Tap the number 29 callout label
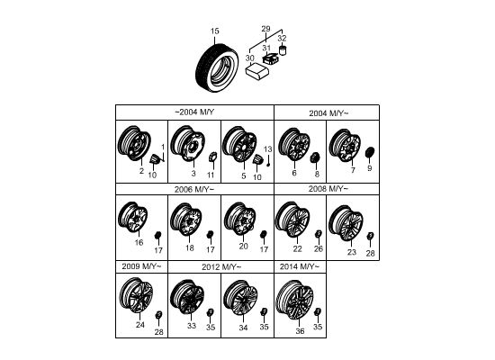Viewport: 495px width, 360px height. pyautogui.click(x=265, y=29)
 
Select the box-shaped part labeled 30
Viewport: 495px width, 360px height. pyautogui.click(x=257, y=71)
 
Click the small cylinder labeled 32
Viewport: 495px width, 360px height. pyautogui.click(x=283, y=50)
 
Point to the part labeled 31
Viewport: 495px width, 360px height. pyautogui.click(x=271, y=59)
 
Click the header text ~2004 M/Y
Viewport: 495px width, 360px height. pyautogui.click(x=194, y=112)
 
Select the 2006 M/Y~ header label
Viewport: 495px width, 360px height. pyautogui.click(x=194, y=190)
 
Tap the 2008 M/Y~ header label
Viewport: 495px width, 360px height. pyautogui.click(x=328, y=189)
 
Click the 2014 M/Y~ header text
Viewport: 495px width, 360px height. pyautogui.click(x=300, y=266)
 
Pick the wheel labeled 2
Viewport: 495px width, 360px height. pyautogui.click(x=134, y=143)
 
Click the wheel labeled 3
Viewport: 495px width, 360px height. pyautogui.click(x=187, y=143)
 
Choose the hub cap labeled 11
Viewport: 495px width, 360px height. pyautogui.click(x=212, y=157)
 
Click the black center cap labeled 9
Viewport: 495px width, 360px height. pyautogui.click(x=370, y=152)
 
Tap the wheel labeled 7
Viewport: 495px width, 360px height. pyautogui.click(x=345, y=145)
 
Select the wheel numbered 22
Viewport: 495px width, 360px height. pyautogui.click(x=292, y=220)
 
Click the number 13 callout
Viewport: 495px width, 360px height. pyautogui.click(x=267, y=149)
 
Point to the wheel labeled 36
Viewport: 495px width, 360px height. pyautogui.click(x=294, y=301)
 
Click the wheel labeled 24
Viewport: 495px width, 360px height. pyautogui.click(x=136, y=295)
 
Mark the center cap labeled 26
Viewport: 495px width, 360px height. pyautogui.click(x=319, y=234)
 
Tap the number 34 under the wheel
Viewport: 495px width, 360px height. pyautogui.click(x=243, y=328)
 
